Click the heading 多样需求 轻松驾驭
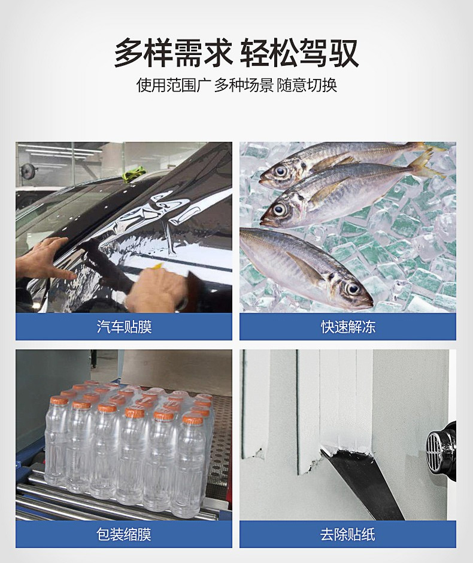[236, 53]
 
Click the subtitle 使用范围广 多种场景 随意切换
[236, 85]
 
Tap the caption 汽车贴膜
[124, 327]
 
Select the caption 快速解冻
[348, 327]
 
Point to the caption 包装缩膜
[124, 534]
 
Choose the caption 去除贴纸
[348, 534]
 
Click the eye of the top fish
[281, 172]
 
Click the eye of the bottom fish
[352, 288]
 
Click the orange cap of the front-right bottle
[193, 419]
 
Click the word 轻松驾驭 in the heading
[299, 53]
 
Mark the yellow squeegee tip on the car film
[158, 266]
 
